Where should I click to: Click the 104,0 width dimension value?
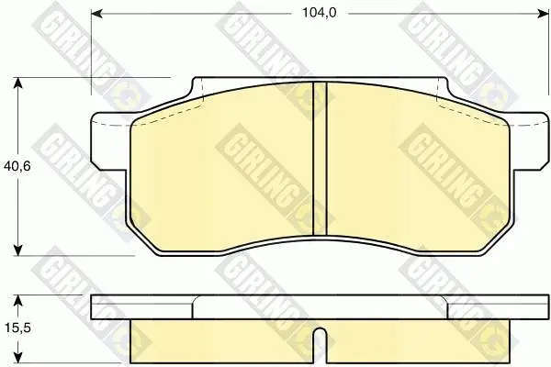click(x=320, y=13)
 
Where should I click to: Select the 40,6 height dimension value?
click(x=17, y=166)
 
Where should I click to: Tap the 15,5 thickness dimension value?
click(x=17, y=328)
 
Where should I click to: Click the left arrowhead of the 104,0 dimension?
click(x=97, y=14)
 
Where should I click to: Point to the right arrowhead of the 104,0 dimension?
click(x=543, y=14)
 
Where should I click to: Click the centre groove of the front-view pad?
click(x=320, y=158)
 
